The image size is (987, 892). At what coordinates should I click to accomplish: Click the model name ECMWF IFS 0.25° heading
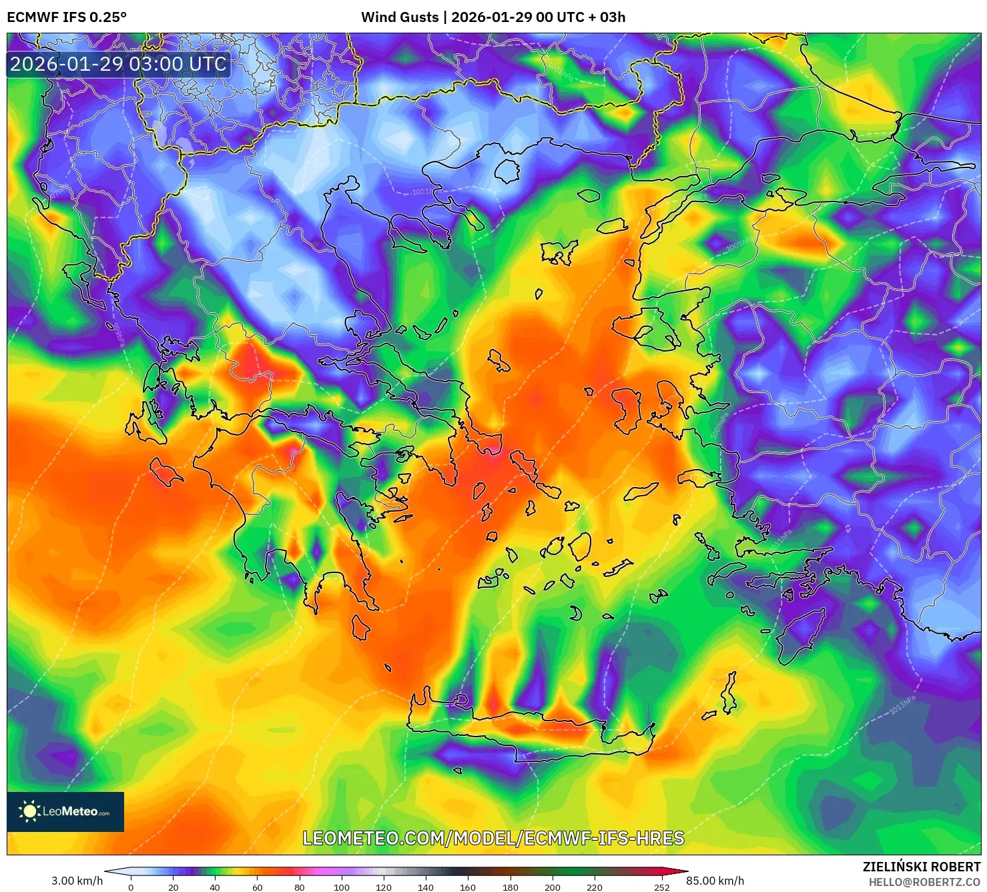67,17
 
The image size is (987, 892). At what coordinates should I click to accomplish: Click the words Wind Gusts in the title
400,17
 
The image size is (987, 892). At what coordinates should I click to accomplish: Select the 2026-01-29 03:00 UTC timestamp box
119,64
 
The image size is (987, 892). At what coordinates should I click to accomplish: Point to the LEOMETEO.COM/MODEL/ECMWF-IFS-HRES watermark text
493,838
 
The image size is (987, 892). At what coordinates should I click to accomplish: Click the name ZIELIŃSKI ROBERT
921,867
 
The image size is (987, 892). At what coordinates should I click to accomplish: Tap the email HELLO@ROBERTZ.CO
924,882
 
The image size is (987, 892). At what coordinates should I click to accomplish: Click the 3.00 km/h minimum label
77,881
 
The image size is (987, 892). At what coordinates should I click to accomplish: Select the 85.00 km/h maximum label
715,881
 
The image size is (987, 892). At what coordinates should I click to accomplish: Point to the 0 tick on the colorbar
131,887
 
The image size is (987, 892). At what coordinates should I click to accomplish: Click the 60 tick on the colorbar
257,887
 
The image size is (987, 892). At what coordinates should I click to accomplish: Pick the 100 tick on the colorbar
341,887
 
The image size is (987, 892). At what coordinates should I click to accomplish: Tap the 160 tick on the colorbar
468,887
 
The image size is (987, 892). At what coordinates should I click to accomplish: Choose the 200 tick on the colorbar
552,887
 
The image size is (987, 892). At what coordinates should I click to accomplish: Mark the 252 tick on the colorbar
661,887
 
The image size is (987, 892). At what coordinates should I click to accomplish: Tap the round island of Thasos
507,171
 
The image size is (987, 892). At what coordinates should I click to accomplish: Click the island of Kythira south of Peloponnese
361,628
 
